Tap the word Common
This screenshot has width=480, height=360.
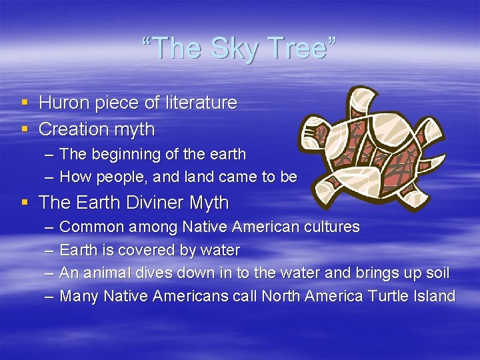point(92,227)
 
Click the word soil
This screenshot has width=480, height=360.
point(436,273)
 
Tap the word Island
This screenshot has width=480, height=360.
point(432,296)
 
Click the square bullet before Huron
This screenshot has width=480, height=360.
point(25,103)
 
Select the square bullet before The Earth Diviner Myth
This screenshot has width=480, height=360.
point(25,203)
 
